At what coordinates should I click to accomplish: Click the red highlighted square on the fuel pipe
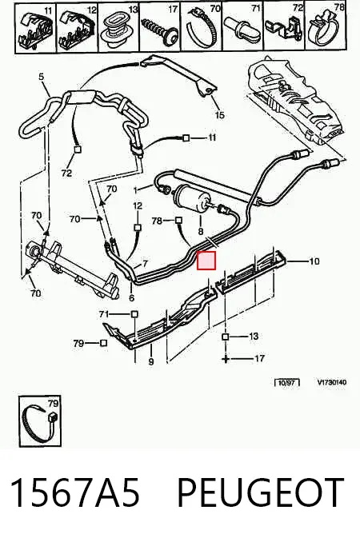coord(206,261)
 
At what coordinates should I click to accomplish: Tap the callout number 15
coord(219,115)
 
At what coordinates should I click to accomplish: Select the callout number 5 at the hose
coord(42,77)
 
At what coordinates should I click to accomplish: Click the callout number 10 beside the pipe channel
coord(314,261)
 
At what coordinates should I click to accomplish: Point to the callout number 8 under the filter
coord(201,232)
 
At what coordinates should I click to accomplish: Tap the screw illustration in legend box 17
coord(161,29)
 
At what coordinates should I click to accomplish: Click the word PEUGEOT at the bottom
coord(260,492)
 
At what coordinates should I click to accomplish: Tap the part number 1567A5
coord(75,492)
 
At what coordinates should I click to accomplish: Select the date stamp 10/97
coord(287,382)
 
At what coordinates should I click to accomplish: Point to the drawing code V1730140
coord(331,382)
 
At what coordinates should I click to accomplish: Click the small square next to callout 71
coord(134,314)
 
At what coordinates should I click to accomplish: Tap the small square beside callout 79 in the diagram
coord(103,343)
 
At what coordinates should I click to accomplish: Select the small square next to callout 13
coord(226,337)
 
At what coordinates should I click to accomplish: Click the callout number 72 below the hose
coord(66,173)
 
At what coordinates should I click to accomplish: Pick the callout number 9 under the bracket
coord(151,361)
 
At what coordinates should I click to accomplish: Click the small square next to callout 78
coord(178,220)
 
